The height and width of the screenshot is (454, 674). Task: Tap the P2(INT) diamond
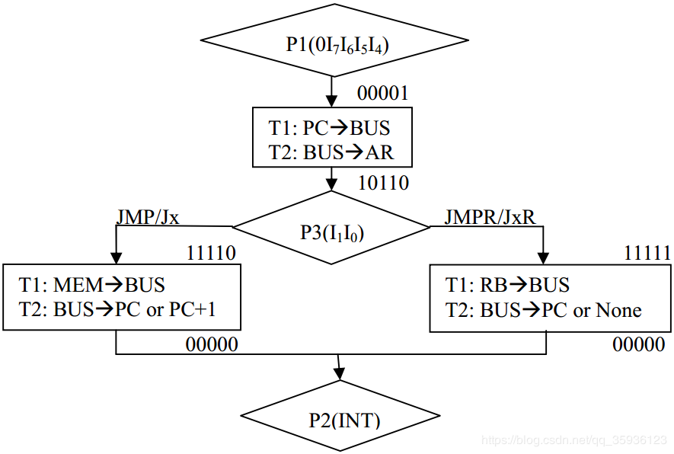pos(340,419)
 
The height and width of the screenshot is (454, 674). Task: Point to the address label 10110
pos(383,183)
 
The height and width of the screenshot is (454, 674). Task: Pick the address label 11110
pos(211,254)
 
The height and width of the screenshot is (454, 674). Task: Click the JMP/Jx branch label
pos(148,216)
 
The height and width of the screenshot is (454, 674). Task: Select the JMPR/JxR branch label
pos(490,216)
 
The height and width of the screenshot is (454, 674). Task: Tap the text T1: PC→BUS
pos(329,127)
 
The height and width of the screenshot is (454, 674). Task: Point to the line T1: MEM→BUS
pos(92,285)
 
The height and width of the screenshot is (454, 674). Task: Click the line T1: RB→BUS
pos(507,285)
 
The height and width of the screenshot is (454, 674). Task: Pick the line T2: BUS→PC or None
pos(543,310)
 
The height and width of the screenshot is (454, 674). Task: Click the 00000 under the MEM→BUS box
pos(212,344)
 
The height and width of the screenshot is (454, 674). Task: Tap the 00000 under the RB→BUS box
pos(639,344)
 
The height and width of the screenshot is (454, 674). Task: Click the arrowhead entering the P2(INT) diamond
pos(340,372)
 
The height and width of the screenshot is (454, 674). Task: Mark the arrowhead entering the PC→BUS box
pos(331,100)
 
